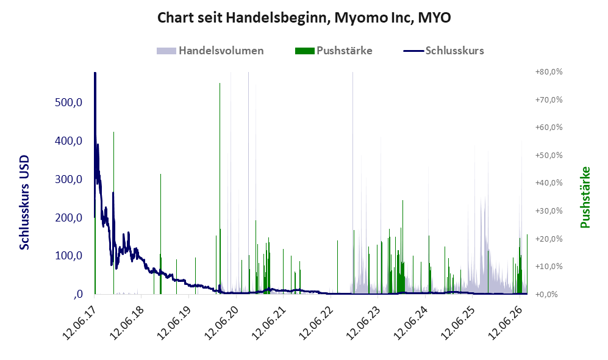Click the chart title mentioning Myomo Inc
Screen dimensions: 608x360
(304, 18)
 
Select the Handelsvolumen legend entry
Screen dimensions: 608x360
(210, 51)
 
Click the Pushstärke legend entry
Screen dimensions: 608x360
(334, 51)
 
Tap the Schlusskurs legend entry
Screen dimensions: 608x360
(443, 51)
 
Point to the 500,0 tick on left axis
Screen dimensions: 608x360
(69, 103)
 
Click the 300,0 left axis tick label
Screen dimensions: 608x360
(69, 179)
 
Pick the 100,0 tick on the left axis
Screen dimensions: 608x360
(69, 256)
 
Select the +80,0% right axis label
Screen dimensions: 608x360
(549, 72)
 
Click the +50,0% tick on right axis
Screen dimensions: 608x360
(549, 155)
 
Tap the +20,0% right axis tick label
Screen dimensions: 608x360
(549, 239)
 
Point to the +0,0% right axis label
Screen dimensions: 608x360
(549, 294)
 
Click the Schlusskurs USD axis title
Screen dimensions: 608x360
(24, 203)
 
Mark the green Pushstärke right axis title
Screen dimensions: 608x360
(585, 198)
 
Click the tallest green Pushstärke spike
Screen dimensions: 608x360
(220, 189)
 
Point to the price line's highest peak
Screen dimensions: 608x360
(95, 73)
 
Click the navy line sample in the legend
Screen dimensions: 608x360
(413, 51)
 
